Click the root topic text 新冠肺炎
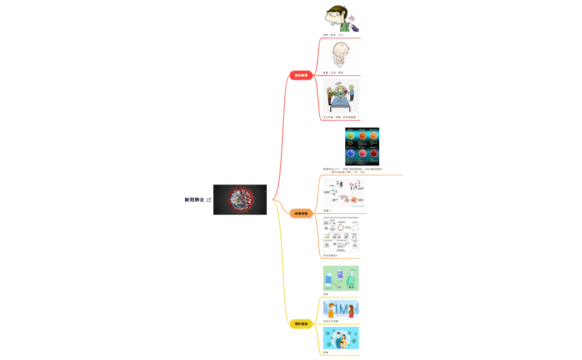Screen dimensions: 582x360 (x=195, y=200)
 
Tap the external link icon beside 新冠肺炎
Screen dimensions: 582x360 (x=208, y=200)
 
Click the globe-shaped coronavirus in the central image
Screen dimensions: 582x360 (x=240, y=199)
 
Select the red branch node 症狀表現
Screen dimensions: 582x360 (x=301, y=75)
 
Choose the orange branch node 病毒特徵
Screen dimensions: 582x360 (x=301, y=213)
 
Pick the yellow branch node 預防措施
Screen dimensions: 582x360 (x=301, y=323)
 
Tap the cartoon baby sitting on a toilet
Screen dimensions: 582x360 (x=340, y=54)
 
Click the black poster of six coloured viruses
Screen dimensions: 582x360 (x=362, y=146)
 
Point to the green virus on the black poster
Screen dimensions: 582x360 (x=351, y=136)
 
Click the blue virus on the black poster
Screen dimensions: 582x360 (x=351, y=153)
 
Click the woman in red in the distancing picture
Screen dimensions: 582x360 (x=351, y=311)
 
